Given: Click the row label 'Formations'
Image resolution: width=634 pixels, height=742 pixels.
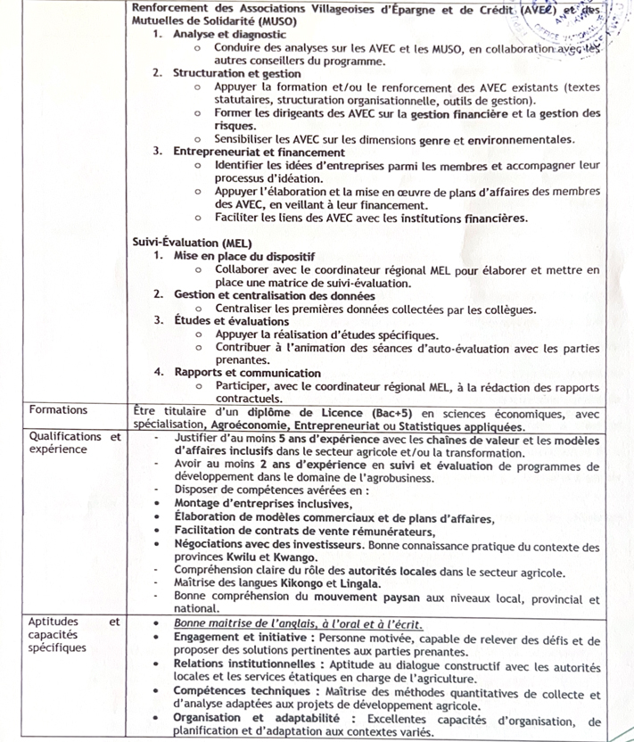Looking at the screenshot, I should coord(58,410).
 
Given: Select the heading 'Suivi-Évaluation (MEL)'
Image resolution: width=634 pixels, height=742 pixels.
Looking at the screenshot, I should coord(192,243).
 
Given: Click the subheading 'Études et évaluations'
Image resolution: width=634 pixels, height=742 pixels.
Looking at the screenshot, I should coord(231,321).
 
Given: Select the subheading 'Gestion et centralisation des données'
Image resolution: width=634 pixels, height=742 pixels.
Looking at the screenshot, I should coord(274,295).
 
